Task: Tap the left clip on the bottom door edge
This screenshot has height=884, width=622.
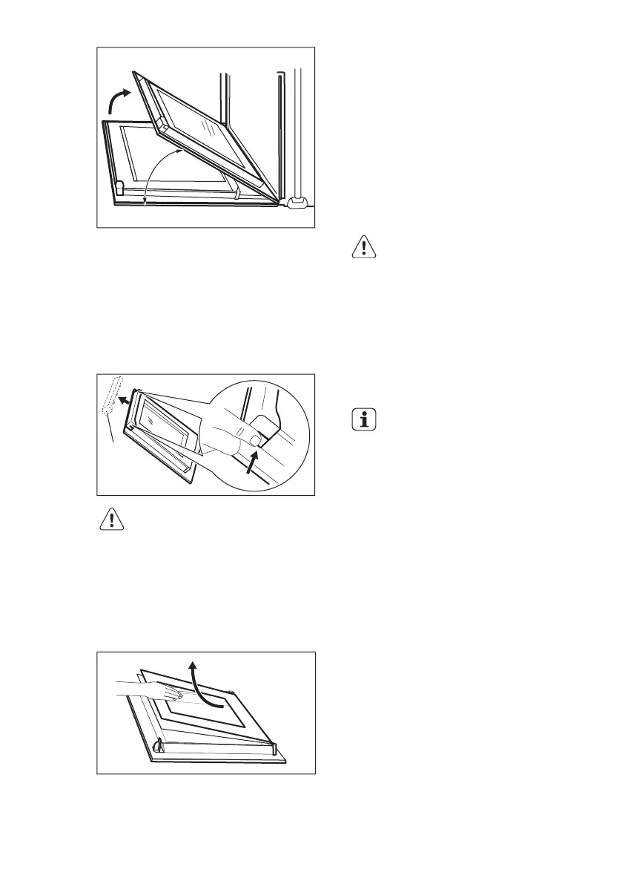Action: tap(156, 745)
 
